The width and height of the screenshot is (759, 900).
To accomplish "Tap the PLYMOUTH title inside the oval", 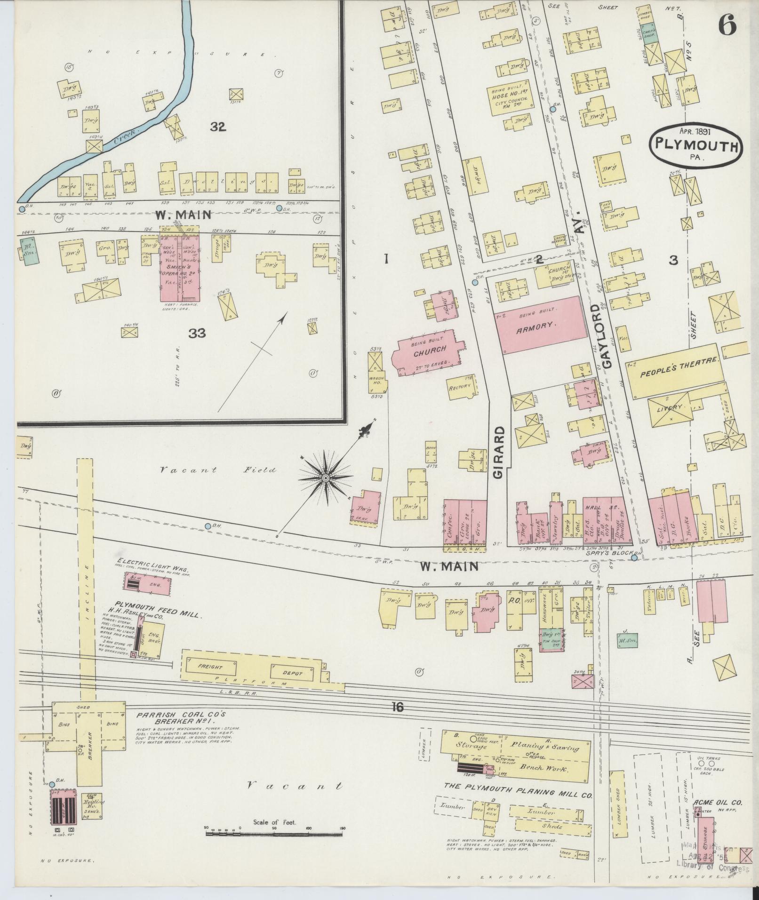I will (695, 147).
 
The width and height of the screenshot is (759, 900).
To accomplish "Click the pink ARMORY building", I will (537, 325).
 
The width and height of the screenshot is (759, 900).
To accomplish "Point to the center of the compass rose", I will (325, 478).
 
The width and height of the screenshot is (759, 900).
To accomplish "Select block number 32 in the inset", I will (218, 127).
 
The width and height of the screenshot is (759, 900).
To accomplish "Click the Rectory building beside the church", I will (460, 388).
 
